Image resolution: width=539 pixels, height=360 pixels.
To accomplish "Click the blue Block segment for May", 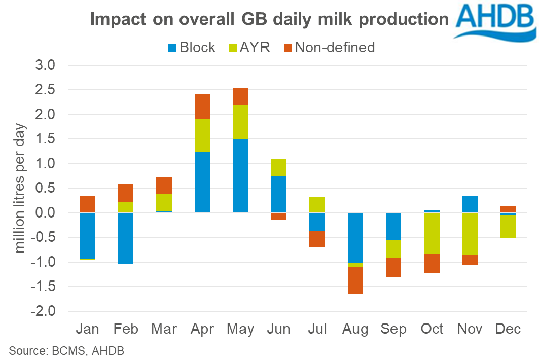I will coord(240,175).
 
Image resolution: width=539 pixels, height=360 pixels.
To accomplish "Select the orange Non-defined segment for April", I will coord(202,106).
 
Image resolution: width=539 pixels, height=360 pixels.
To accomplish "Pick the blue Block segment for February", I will coord(126,238).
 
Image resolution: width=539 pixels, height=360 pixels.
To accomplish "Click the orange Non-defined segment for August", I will coord(355,280).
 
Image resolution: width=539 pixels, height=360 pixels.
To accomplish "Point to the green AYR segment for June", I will coord(278,167).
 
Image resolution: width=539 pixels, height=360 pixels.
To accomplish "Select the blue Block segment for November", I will coord(470,204).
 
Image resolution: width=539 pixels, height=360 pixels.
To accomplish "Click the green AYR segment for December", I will coord(508,226).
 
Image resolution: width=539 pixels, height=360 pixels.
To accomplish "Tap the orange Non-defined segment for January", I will coord(88,204).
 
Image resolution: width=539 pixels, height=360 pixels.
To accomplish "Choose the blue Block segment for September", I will coord(393,227).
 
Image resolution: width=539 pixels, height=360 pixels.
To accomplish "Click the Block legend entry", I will coord(191,48).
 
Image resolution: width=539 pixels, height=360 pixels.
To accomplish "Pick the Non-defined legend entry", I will coord(328,48).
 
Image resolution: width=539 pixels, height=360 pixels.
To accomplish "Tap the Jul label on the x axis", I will coord(317,329).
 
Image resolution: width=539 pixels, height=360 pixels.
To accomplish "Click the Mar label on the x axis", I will coord(164,329).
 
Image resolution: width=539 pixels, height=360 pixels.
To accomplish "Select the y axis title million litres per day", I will coord(21,188).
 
